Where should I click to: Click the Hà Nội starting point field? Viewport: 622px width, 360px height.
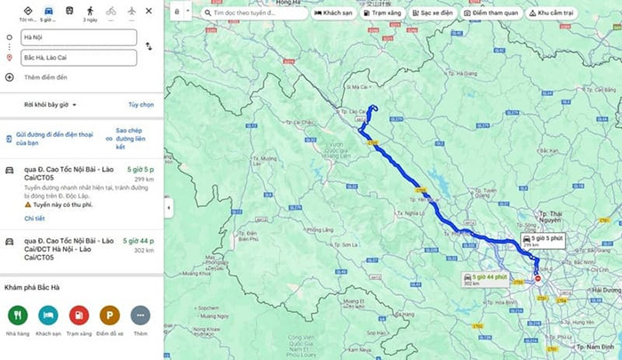pyautogui.click(x=80, y=37)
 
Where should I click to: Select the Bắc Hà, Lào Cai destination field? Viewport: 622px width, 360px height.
pyautogui.click(x=80, y=58)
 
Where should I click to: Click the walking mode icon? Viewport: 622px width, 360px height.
pyautogui.click(x=89, y=11)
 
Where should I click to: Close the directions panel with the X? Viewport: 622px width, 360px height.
pyautogui.click(x=148, y=11)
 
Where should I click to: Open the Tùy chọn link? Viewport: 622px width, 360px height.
pyautogui.click(x=140, y=104)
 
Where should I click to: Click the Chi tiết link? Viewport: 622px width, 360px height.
pyautogui.click(x=35, y=218)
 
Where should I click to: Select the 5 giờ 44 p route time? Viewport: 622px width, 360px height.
pyautogui.click(x=139, y=240)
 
